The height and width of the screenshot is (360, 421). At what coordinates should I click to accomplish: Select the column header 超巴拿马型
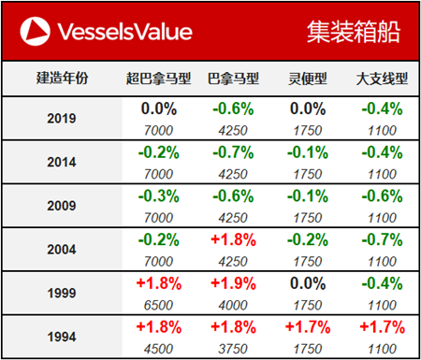coord(158,79)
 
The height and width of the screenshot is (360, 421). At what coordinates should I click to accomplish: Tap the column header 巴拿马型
coord(232,79)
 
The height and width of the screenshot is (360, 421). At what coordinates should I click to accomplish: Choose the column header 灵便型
coord(300,79)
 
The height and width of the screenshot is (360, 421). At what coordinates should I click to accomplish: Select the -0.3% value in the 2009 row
coord(158,195)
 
